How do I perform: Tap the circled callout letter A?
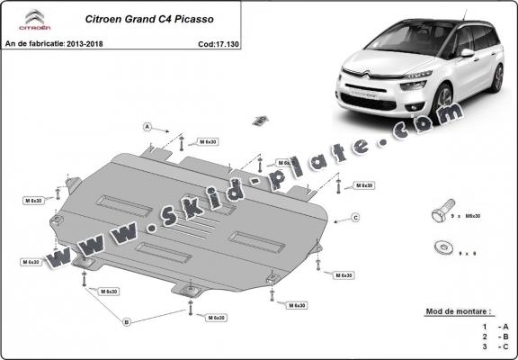click(x=147, y=127)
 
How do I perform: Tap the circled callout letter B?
click(x=127, y=321)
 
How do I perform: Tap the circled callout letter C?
click(x=356, y=218)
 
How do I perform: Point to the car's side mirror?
click(x=467, y=53)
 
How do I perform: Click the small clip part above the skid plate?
click(x=260, y=119)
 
